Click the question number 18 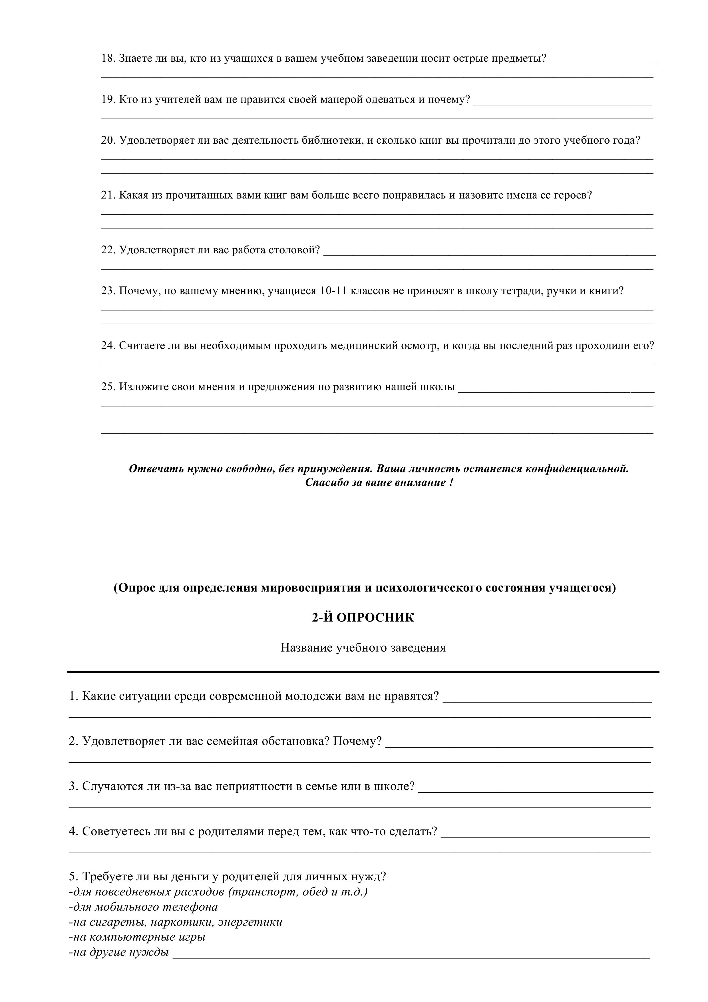click(x=108, y=59)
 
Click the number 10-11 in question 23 click(x=333, y=291)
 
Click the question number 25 click(x=108, y=387)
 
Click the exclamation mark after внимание click(x=450, y=483)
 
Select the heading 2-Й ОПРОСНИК click(x=363, y=618)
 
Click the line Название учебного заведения click(x=363, y=648)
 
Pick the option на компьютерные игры click(x=137, y=937)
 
